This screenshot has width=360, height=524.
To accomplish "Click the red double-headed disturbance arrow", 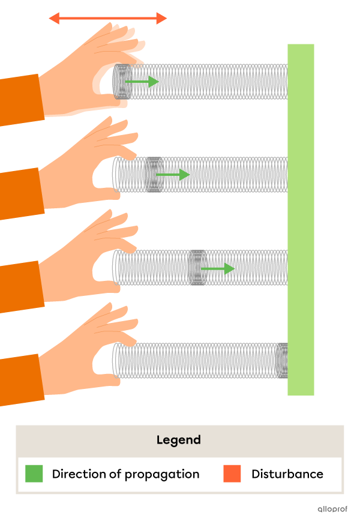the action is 108,19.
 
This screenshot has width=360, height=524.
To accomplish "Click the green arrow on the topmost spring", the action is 142,82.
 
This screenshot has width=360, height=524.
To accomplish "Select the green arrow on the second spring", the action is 173,175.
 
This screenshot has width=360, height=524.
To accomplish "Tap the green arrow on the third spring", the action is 218,268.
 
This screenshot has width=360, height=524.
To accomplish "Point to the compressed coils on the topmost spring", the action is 122,82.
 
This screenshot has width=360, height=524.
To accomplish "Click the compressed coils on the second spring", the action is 154,175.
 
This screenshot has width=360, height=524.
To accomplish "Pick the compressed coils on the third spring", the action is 197,267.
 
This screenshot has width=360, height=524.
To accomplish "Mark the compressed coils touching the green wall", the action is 282,360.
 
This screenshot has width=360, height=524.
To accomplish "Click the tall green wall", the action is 301,220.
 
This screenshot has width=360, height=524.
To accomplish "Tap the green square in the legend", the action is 34,474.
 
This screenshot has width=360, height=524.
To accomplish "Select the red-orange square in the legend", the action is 232,474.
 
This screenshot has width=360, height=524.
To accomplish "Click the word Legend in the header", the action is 179,440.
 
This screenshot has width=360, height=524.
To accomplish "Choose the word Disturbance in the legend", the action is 287,474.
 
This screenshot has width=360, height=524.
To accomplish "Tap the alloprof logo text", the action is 332,509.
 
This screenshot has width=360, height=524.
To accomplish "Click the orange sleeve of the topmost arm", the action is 21,100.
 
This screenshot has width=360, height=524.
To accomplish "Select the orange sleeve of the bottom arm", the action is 21,380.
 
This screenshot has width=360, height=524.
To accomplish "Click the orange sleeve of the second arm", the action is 21,193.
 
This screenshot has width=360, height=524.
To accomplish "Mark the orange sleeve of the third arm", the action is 21,287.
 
